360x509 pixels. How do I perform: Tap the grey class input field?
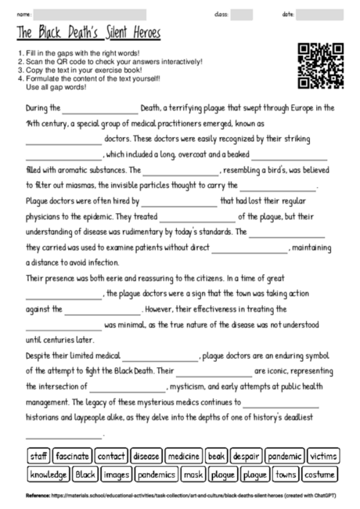(x=242, y=14)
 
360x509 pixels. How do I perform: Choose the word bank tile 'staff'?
(x=38, y=456)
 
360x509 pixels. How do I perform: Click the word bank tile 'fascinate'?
(x=73, y=456)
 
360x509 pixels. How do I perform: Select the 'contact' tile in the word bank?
(x=111, y=456)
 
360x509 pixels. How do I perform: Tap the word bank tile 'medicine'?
(x=184, y=456)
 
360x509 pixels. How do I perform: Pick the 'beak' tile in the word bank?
(x=217, y=456)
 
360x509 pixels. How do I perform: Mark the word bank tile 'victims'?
(x=322, y=456)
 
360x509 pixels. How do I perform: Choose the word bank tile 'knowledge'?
(x=49, y=474)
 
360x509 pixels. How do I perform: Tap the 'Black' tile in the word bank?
(x=86, y=474)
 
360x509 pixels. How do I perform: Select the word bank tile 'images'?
(x=117, y=474)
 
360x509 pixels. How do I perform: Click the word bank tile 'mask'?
(x=193, y=474)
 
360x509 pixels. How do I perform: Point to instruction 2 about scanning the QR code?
(x=110, y=61)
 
